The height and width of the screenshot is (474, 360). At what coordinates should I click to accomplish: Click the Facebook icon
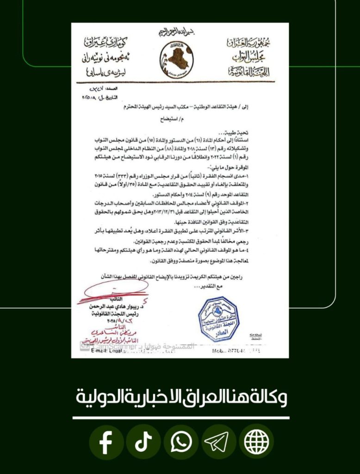pyautogui.click(x=106, y=443)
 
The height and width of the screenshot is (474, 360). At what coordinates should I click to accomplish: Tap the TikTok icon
pyautogui.click(x=143, y=443)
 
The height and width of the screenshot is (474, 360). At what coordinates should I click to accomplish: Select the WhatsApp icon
pyautogui.click(x=181, y=443)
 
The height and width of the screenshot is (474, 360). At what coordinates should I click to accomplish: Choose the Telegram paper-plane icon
pyautogui.click(x=218, y=443)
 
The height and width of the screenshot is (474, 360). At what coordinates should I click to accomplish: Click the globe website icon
pyautogui.click(x=256, y=443)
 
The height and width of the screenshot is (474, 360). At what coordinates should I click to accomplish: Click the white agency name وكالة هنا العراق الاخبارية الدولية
pyautogui.click(x=180, y=397)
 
